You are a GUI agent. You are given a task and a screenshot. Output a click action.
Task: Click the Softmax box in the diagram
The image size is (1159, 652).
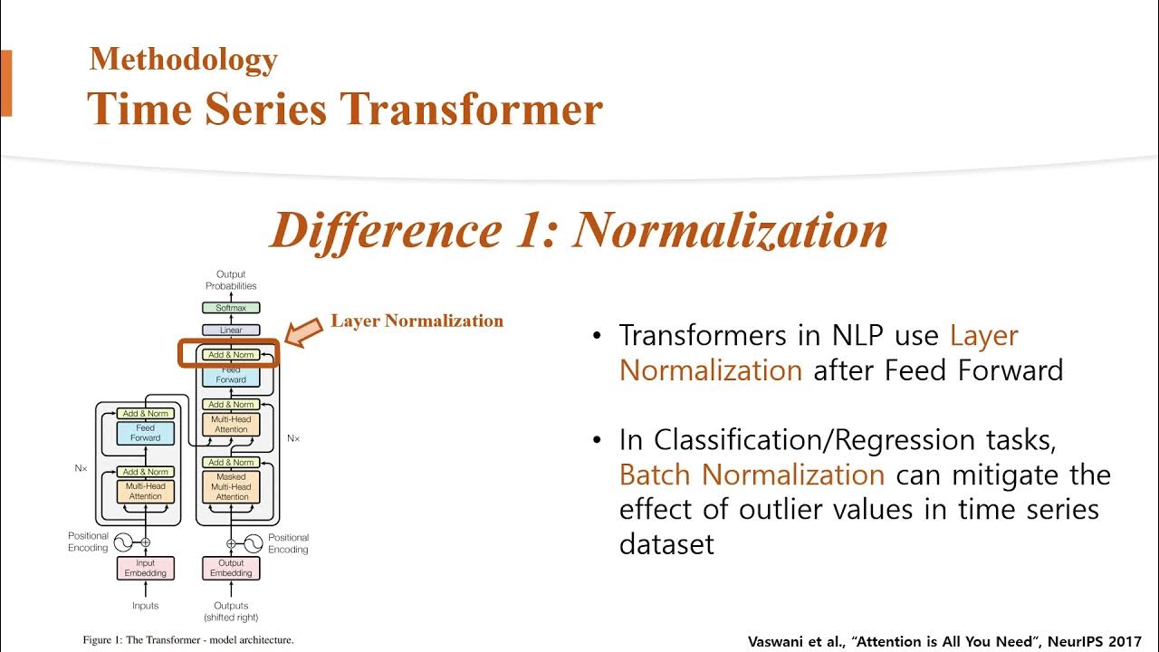point(231,308)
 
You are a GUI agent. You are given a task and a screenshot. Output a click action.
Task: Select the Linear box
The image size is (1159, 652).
point(231,331)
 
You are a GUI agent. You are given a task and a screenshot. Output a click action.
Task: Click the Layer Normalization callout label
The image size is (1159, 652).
point(417,321)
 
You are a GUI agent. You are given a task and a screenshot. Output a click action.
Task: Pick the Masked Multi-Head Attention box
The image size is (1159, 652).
point(232,486)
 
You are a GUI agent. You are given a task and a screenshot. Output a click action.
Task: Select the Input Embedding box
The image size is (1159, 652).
point(145,568)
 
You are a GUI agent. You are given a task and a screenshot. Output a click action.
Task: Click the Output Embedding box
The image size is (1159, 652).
point(231,568)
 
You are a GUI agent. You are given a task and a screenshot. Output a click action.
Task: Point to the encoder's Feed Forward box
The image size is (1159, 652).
point(145,433)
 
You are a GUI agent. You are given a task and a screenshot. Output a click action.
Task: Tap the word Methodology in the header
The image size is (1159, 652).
point(183,60)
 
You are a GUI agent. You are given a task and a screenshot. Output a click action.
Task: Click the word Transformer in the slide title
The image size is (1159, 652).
point(471,109)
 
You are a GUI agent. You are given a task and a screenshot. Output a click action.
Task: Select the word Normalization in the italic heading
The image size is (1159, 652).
point(731,230)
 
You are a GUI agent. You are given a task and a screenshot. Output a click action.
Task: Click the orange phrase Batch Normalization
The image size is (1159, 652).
point(752,475)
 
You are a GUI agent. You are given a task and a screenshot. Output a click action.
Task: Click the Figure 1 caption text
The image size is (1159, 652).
point(188,640)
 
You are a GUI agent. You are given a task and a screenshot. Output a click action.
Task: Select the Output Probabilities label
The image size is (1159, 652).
point(231,280)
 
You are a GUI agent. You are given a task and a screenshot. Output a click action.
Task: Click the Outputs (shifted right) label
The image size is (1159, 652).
point(231,611)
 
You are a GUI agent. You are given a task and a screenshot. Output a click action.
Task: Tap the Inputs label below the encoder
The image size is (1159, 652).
point(145,606)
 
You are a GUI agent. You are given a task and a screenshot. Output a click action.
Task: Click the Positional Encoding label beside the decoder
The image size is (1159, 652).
point(288,543)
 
